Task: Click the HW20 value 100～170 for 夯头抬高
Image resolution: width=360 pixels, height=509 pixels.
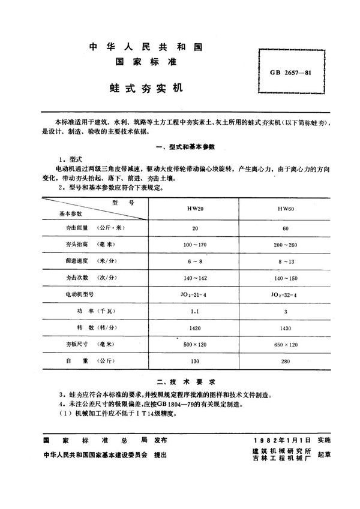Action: [x=195, y=246]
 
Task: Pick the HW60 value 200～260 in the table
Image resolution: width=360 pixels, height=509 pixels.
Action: [x=285, y=246]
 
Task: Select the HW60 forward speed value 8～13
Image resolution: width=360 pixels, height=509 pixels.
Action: [x=285, y=262]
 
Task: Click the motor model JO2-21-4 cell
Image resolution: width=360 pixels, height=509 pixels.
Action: [x=195, y=295]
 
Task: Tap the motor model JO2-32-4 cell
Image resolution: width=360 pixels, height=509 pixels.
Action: [x=285, y=295]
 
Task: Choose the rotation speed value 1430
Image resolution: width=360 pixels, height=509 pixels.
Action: [x=285, y=329]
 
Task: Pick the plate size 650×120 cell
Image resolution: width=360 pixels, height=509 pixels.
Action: [x=285, y=345]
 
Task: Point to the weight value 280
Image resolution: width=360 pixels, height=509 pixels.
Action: [x=285, y=362]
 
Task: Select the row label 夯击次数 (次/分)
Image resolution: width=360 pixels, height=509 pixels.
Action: [x=87, y=279]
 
